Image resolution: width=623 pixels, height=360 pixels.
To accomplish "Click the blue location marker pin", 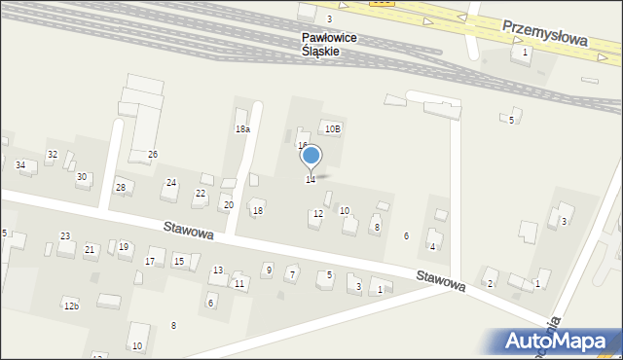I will click(x=311, y=156).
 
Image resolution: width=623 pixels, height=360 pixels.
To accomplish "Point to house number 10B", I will click(x=333, y=128).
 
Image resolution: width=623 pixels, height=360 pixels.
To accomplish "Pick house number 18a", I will click(x=242, y=128).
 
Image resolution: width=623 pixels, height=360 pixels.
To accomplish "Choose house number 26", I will click(x=152, y=155).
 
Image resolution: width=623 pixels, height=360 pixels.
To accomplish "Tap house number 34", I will click(x=20, y=164).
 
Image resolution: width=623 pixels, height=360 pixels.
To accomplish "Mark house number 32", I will click(x=53, y=155).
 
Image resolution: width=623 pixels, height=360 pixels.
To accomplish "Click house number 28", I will click(x=121, y=187).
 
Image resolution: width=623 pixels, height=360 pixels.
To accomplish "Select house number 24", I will click(x=171, y=183).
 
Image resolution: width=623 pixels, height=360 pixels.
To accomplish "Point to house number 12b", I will click(x=71, y=306).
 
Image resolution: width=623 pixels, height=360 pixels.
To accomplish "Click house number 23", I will click(x=65, y=236).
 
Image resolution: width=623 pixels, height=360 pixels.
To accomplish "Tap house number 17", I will click(x=149, y=262).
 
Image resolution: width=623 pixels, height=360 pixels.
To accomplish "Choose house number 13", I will click(x=218, y=270).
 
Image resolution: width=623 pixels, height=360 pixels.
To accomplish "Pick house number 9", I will click(x=268, y=269).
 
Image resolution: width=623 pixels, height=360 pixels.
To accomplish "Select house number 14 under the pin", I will click(x=311, y=180).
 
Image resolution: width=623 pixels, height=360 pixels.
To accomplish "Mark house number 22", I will click(x=200, y=194).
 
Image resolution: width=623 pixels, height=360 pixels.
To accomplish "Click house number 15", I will click(x=179, y=261).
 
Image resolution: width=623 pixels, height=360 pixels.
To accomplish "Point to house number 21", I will click(x=90, y=250).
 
